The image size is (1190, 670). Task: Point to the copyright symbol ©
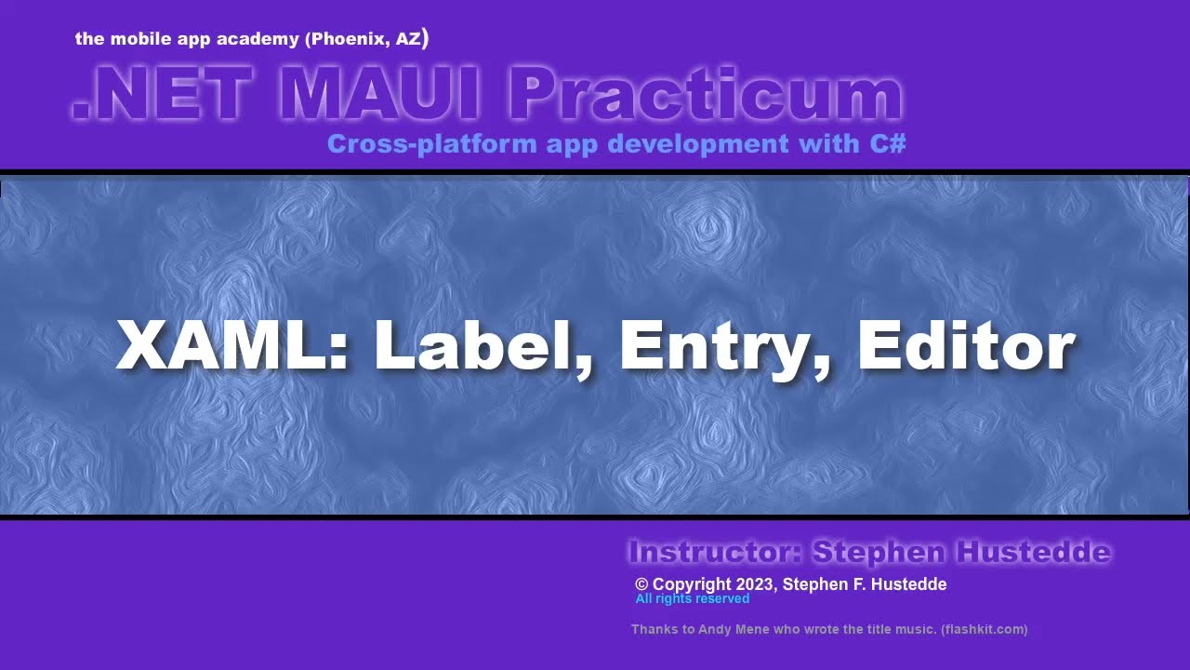[641, 584]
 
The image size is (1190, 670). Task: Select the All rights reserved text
[692, 598]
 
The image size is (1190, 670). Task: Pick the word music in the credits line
[917, 630]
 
